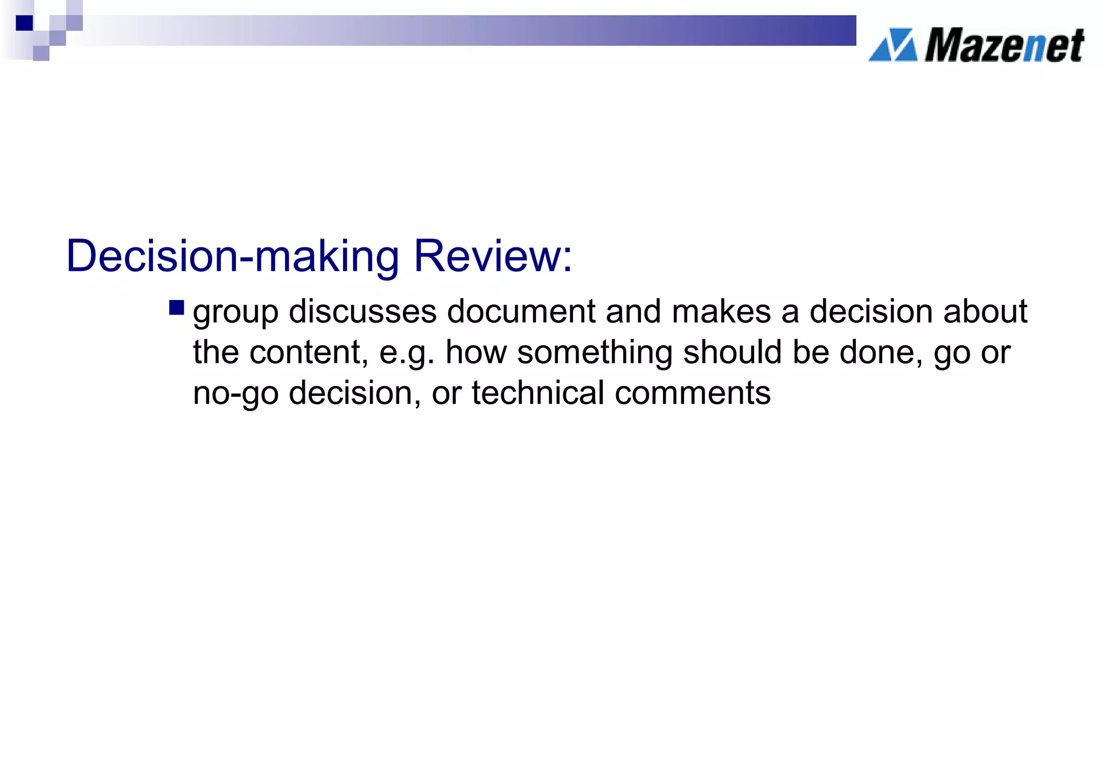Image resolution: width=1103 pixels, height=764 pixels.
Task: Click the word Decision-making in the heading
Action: click(232, 257)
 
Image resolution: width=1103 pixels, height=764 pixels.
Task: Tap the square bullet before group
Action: click(176, 308)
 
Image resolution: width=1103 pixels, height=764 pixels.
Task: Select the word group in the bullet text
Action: click(235, 313)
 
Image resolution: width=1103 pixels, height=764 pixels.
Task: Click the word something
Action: click(595, 353)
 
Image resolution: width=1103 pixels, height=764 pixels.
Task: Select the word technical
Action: click(538, 393)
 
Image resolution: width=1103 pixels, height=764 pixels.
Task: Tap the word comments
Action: click(693, 393)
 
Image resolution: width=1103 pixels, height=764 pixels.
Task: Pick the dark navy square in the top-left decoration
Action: click(24, 23)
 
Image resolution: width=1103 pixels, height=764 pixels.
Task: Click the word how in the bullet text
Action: click(476, 352)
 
